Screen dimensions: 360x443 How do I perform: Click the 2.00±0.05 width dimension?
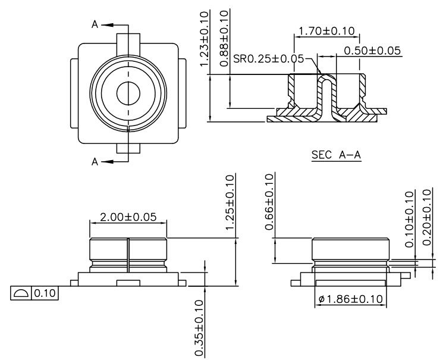pos(128,217)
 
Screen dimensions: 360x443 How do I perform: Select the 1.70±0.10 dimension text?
pos(326,31)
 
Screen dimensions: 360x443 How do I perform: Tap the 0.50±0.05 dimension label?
pos(370,52)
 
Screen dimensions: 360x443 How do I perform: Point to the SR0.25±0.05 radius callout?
pos(268,59)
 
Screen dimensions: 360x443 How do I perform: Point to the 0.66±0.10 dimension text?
pos(269,202)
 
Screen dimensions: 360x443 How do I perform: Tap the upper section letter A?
pos(95,24)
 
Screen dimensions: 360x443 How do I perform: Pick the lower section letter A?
pos(95,161)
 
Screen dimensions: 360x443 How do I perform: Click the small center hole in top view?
pos(128,93)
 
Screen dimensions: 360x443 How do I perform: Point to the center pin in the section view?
pos(326,95)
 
